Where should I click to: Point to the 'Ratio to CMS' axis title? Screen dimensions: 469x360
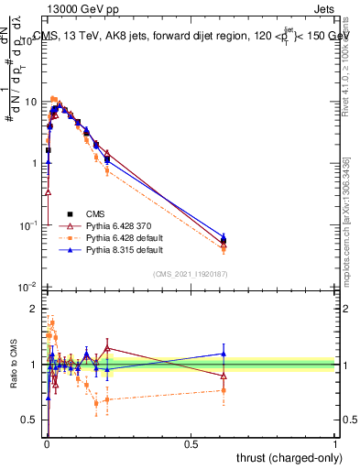[x=13, y=365]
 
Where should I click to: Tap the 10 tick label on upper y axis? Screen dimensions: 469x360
[x=29, y=102]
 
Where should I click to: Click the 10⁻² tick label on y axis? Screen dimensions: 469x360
[x=27, y=287]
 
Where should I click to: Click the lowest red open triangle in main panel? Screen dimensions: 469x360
[x=48, y=192]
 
